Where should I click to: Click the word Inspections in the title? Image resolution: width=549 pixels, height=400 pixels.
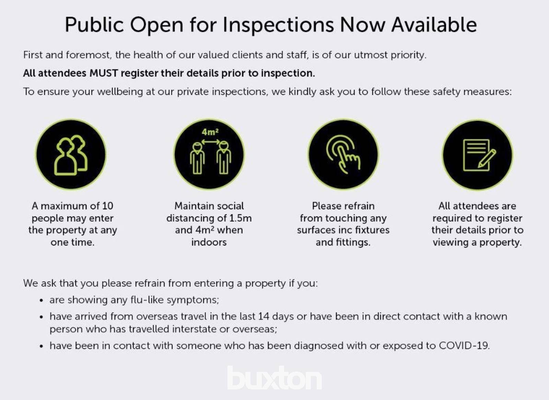278,25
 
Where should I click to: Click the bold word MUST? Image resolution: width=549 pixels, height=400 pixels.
104,73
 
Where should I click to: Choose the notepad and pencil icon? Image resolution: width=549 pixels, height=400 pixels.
477,155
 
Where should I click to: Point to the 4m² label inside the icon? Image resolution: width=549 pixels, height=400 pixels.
210,132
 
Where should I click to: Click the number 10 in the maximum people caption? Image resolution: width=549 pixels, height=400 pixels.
108,206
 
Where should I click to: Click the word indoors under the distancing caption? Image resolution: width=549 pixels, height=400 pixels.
209,243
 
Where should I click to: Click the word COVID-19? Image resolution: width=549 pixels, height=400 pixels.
464,346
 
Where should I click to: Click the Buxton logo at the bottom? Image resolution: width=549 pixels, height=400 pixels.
274,378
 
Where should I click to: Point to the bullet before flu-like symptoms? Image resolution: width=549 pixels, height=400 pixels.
41,301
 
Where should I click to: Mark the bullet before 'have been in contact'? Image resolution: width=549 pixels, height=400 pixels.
41,346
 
